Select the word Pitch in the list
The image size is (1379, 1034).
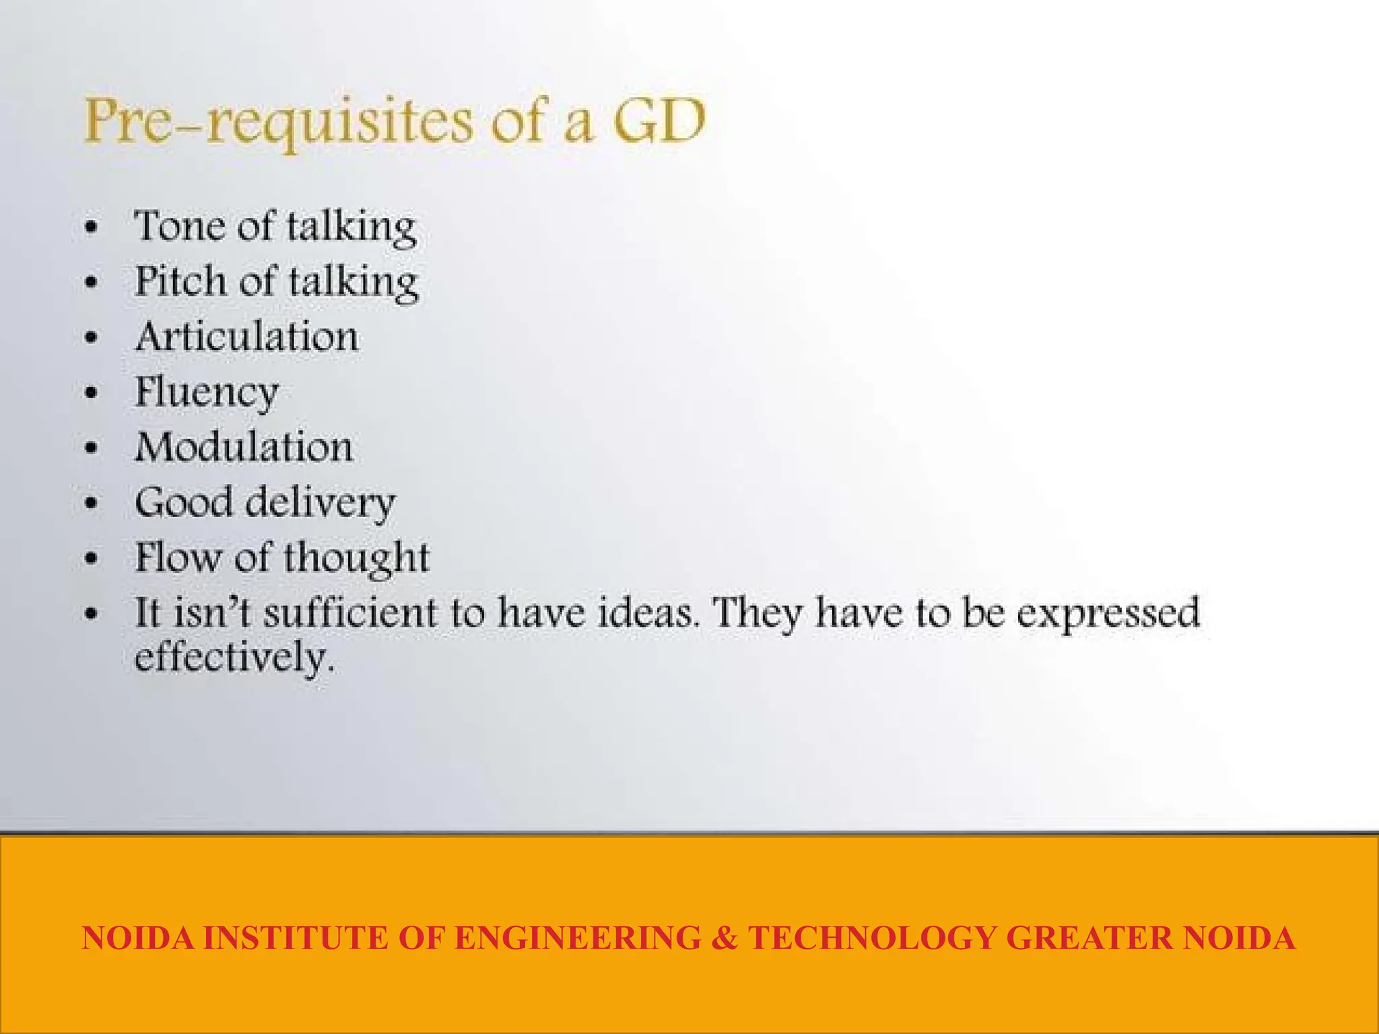click(x=180, y=281)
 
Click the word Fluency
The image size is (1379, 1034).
click(x=206, y=392)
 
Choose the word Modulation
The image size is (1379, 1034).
click(x=244, y=447)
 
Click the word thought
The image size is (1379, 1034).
click(x=356, y=558)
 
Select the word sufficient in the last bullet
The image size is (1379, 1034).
click(x=350, y=613)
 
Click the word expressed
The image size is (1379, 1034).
click(x=1108, y=614)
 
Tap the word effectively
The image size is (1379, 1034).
click(x=233, y=658)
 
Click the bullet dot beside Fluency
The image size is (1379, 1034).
click(x=92, y=392)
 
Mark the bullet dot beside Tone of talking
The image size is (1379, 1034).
click(x=92, y=227)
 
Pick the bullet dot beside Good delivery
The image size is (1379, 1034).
click(x=92, y=503)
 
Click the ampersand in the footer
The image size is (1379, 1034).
click(x=724, y=938)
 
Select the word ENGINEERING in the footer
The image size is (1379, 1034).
click(x=578, y=938)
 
